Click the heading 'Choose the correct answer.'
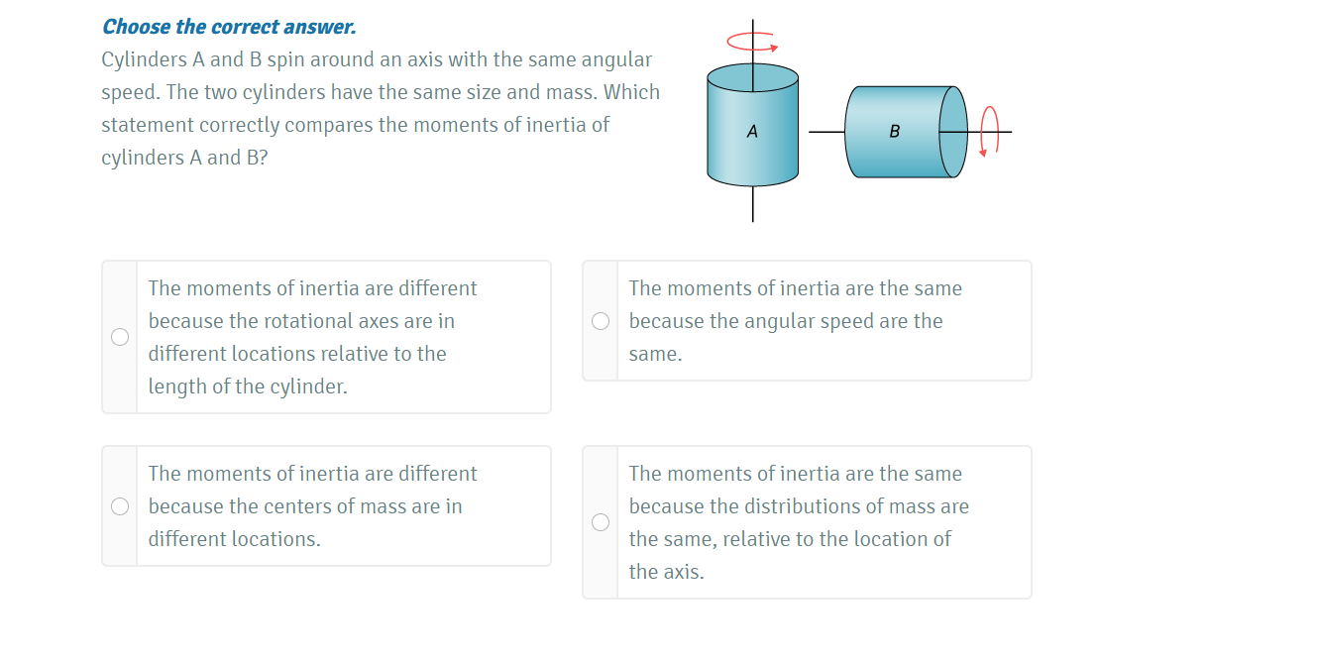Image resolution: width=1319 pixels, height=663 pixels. (x=229, y=27)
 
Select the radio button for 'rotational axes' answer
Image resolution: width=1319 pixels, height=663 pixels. (x=120, y=337)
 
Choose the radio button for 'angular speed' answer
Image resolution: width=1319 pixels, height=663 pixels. (x=601, y=321)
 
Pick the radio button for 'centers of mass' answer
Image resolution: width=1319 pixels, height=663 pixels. (x=120, y=506)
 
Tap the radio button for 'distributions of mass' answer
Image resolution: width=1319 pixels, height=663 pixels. (x=601, y=522)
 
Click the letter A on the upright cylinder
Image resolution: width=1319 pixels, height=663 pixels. (x=752, y=131)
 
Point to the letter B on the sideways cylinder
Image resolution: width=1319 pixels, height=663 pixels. (x=895, y=131)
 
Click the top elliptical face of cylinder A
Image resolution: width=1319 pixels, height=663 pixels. (x=752, y=77)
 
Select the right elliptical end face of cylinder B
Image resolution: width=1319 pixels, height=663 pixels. (x=952, y=132)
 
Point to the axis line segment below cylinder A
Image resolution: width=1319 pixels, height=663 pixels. (x=752, y=204)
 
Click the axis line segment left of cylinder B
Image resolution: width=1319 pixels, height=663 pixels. (x=826, y=132)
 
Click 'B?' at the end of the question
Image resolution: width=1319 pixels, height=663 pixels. (x=258, y=158)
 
